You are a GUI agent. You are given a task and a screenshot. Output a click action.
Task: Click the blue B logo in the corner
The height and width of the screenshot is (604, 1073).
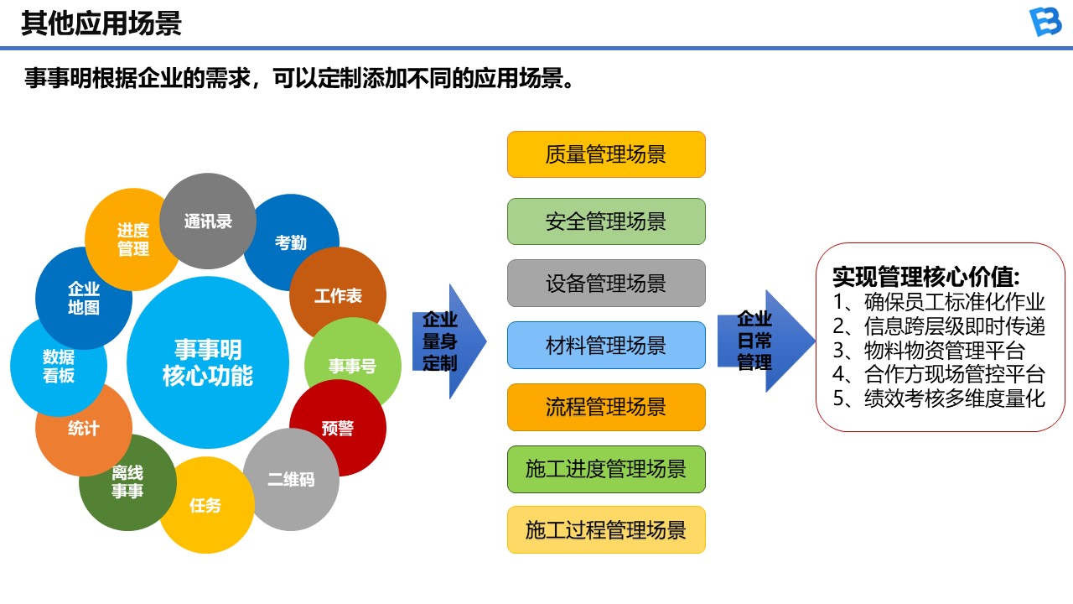point(1044,23)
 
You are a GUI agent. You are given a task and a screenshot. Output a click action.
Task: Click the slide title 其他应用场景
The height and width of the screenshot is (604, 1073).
point(101,23)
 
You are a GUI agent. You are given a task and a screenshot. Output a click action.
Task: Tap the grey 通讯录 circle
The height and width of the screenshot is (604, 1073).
point(208,221)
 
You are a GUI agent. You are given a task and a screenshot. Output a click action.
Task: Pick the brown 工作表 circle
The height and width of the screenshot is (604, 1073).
point(338,295)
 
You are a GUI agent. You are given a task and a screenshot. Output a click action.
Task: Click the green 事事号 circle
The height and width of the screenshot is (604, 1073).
point(353,366)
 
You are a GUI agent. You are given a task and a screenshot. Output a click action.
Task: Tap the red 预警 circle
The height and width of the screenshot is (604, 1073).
point(338,428)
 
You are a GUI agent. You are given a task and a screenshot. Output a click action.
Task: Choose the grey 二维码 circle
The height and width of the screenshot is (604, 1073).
point(291,480)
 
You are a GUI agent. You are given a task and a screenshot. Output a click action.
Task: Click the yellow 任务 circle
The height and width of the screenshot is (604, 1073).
point(205,505)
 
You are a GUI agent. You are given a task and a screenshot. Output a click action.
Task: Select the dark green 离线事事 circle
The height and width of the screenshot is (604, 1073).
point(127,483)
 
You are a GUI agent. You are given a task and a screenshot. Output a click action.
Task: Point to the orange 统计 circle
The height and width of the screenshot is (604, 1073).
point(83,429)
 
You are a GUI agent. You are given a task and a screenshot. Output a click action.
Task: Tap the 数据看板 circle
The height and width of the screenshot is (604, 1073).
point(59,367)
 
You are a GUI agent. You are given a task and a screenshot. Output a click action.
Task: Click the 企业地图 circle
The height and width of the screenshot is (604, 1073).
point(83,298)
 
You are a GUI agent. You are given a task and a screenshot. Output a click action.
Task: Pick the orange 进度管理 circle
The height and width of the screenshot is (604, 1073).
point(132,239)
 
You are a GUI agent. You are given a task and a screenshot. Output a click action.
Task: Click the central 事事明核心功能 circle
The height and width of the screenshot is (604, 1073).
point(208,362)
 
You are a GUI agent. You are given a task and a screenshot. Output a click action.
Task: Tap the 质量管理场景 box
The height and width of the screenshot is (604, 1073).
point(606,154)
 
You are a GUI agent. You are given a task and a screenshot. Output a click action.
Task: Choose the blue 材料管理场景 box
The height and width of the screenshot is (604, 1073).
point(606,345)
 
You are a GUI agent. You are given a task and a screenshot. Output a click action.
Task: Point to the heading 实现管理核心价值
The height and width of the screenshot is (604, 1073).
point(925,278)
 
